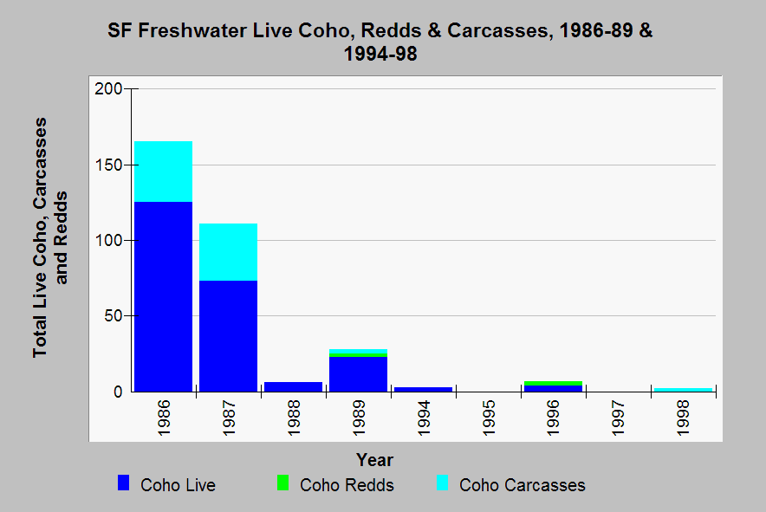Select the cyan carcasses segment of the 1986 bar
coord(163,172)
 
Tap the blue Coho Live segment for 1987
coord(228,336)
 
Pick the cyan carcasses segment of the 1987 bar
coord(228,252)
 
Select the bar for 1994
coord(423,389)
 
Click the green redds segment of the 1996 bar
coord(553,383)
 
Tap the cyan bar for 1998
coord(683,389)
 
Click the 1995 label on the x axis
coord(488,417)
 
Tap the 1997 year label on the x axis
coord(618,417)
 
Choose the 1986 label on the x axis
coord(164,417)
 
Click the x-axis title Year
coord(374,460)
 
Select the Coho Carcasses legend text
coord(522,485)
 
